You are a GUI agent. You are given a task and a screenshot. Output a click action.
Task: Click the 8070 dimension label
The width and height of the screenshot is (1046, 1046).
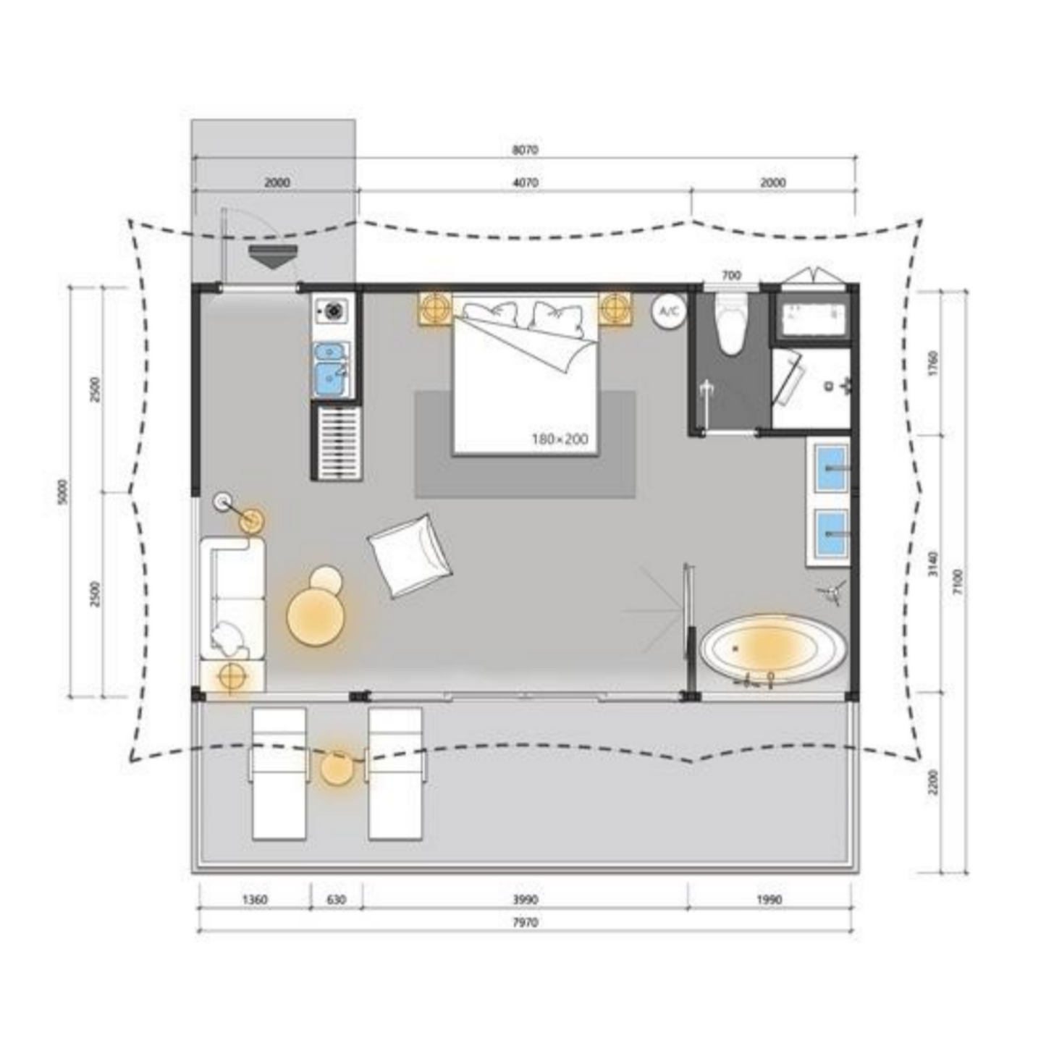tap(525, 150)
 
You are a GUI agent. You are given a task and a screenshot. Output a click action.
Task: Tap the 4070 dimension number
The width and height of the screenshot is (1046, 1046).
tap(525, 183)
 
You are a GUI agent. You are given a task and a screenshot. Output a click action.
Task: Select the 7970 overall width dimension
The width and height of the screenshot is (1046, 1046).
tap(525, 922)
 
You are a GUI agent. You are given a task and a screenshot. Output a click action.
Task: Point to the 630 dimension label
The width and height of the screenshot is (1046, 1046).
tap(336, 900)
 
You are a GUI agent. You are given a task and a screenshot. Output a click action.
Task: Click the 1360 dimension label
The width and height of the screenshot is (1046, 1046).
tap(255, 900)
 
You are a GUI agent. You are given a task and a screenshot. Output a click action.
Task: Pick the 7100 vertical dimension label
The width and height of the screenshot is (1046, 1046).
tap(958, 581)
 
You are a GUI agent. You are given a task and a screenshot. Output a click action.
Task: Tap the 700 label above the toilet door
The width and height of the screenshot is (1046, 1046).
tap(731, 276)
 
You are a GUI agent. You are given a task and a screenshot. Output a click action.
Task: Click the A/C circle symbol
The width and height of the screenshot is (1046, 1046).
tap(669, 311)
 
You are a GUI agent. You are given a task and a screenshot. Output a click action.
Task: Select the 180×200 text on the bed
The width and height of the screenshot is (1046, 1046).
tap(560, 439)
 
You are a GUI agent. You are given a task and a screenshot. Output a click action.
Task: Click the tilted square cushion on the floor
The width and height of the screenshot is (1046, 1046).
tap(410, 556)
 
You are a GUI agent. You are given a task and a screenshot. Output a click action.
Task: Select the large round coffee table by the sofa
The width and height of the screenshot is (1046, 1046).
tap(316, 617)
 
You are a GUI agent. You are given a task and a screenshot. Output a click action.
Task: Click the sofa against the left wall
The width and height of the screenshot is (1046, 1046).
tap(232, 599)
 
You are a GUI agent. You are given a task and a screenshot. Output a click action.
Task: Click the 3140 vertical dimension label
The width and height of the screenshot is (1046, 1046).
tap(932, 564)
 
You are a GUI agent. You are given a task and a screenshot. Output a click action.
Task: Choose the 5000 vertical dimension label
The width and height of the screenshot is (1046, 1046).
tap(63, 492)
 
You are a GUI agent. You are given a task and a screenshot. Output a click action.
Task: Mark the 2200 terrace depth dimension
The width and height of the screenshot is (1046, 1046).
tap(932, 782)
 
